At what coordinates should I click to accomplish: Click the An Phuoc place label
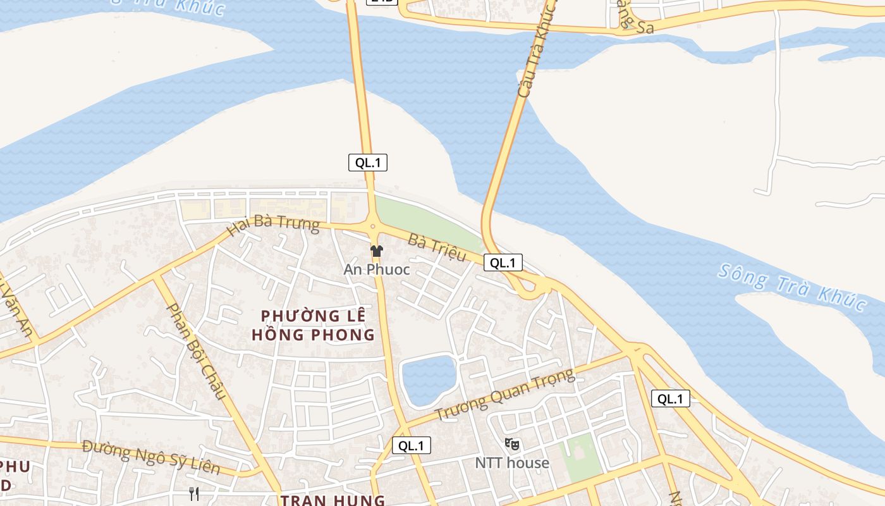377,269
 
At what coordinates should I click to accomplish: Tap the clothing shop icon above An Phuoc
377,251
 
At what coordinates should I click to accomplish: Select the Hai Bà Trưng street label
273,225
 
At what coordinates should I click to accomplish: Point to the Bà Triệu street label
437,247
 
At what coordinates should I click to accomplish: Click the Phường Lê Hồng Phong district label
314,324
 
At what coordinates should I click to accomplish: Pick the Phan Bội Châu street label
196,350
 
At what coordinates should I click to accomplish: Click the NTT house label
512,463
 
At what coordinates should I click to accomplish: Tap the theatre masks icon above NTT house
512,445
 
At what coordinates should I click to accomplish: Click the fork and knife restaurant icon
194,493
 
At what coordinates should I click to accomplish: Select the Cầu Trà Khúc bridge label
535,51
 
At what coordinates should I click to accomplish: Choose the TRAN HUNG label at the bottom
333,500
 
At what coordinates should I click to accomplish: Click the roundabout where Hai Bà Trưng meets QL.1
372,225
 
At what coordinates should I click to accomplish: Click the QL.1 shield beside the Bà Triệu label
503,262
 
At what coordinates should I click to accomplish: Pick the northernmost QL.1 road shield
368,163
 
